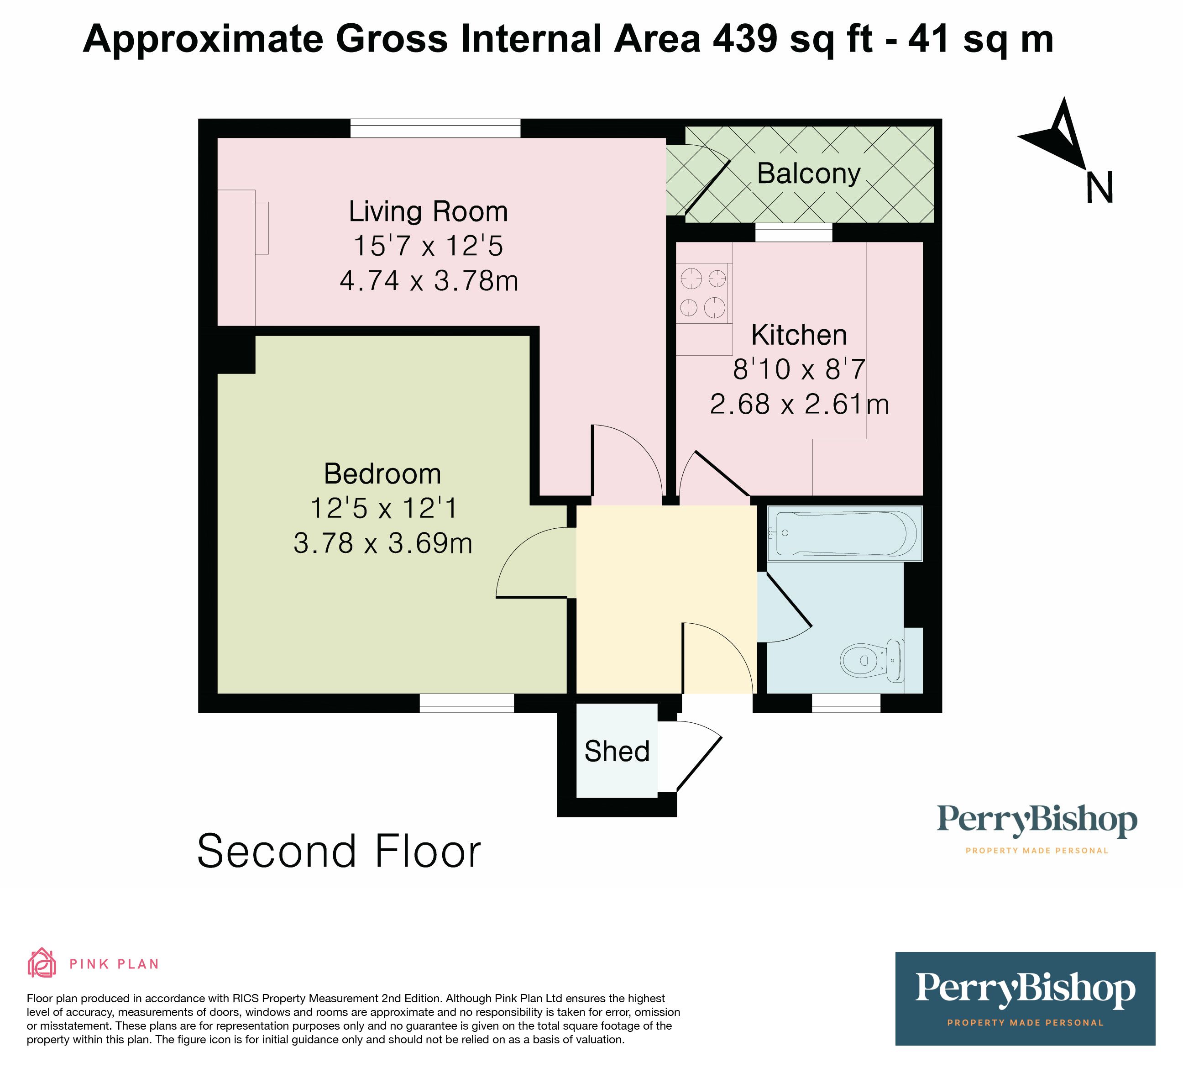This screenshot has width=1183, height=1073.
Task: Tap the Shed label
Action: [617, 752]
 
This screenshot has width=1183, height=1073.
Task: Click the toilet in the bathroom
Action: [871, 660]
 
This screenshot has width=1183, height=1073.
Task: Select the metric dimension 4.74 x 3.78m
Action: [429, 280]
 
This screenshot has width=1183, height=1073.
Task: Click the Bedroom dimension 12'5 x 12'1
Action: [382, 508]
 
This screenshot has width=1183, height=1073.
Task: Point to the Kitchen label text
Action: [799, 335]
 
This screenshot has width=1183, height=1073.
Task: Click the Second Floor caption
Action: [339, 851]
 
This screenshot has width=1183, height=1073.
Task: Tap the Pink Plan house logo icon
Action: [42, 963]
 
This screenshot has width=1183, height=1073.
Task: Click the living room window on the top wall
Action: [435, 128]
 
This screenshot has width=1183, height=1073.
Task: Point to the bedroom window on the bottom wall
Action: [466, 703]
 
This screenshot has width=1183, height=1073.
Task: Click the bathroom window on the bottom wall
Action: [846, 703]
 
